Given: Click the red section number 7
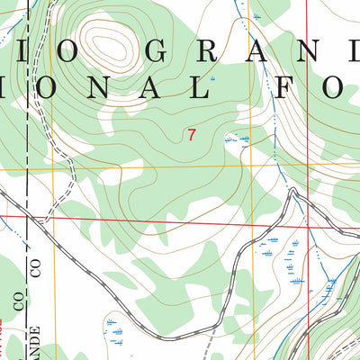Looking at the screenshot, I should coord(191,136).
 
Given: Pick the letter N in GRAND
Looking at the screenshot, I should coord(301,52).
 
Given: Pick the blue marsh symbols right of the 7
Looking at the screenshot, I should coord(238,139).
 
